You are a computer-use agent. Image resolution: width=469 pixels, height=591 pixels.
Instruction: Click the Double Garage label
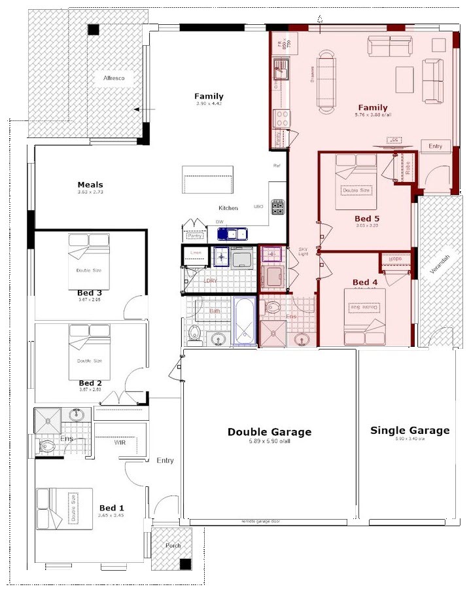pyautogui.click(x=269, y=432)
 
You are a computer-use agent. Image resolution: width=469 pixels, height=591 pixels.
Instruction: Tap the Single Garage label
pyautogui.click(x=409, y=431)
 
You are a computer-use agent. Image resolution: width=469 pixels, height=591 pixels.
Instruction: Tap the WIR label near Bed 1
pyautogui.click(x=120, y=442)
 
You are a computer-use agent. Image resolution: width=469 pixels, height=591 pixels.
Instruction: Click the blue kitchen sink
pyautogui.click(x=232, y=233)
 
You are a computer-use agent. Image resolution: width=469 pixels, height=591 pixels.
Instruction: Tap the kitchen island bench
pyautogui.click(x=208, y=179)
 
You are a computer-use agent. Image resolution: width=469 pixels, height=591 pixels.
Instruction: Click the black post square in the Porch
pyautogui.click(x=186, y=564)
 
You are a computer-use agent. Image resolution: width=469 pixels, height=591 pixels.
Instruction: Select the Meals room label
pyautogui.click(x=90, y=185)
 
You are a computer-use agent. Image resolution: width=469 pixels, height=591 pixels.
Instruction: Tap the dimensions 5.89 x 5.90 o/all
pyautogui.click(x=269, y=442)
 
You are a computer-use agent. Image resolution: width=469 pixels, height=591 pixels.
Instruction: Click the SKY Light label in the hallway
pyautogui.click(x=304, y=251)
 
